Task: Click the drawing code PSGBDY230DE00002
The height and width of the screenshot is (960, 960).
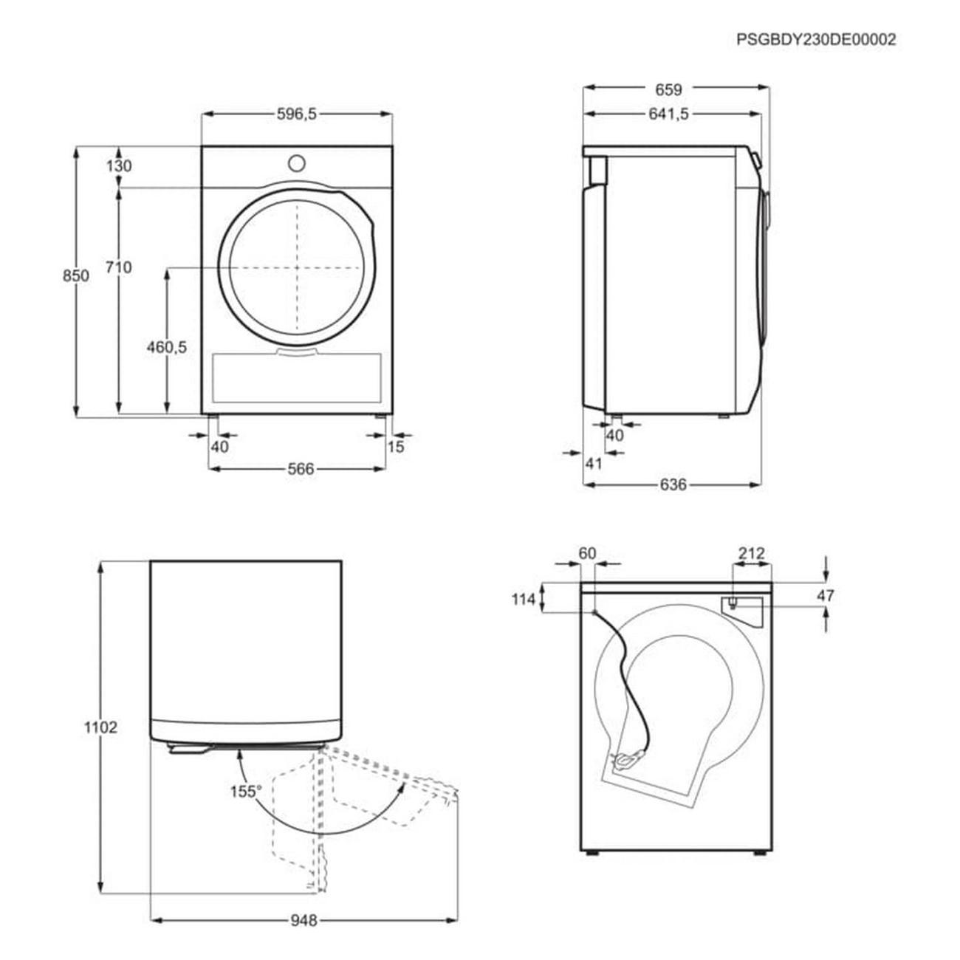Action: click(x=816, y=40)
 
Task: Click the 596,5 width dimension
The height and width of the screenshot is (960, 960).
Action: click(x=297, y=114)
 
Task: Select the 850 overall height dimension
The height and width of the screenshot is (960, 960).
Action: click(x=76, y=275)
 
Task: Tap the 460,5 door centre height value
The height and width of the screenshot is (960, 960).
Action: click(x=167, y=347)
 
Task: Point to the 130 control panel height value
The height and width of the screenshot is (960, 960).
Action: click(x=119, y=166)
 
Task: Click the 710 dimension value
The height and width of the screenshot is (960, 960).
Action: click(x=119, y=267)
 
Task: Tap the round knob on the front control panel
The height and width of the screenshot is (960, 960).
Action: click(x=296, y=163)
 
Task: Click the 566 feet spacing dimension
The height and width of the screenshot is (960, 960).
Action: click(x=301, y=469)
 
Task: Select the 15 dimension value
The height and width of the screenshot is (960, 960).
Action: click(x=396, y=446)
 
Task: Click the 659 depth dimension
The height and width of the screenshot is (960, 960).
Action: click(x=668, y=89)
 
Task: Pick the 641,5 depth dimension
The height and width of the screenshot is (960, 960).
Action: click(x=668, y=114)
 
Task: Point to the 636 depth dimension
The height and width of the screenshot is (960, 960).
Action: click(x=673, y=484)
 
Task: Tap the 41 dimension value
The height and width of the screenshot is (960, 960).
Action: click(x=594, y=464)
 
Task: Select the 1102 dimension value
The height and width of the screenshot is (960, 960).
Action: click(x=100, y=728)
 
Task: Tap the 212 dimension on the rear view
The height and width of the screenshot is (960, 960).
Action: click(x=751, y=553)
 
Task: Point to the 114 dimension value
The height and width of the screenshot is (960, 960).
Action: click(x=524, y=600)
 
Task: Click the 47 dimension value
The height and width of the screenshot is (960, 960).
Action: click(x=826, y=595)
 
